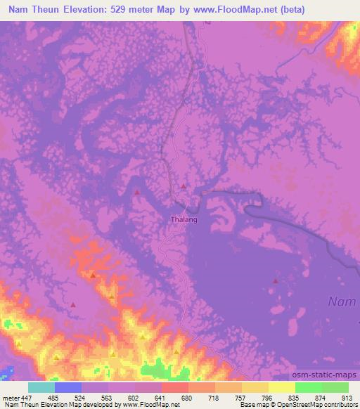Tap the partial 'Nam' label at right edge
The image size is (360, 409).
click(x=344, y=301)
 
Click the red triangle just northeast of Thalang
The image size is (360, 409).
click(x=184, y=186)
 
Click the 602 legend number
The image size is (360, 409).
click(x=134, y=397)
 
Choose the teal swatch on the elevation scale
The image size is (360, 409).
click(x=41, y=387)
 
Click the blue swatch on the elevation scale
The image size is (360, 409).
click(x=68, y=387)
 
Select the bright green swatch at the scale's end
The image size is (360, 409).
click(x=335, y=387)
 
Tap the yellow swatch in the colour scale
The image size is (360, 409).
click(x=282, y=387)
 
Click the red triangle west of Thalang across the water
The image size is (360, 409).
click(x=137, y=191)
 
